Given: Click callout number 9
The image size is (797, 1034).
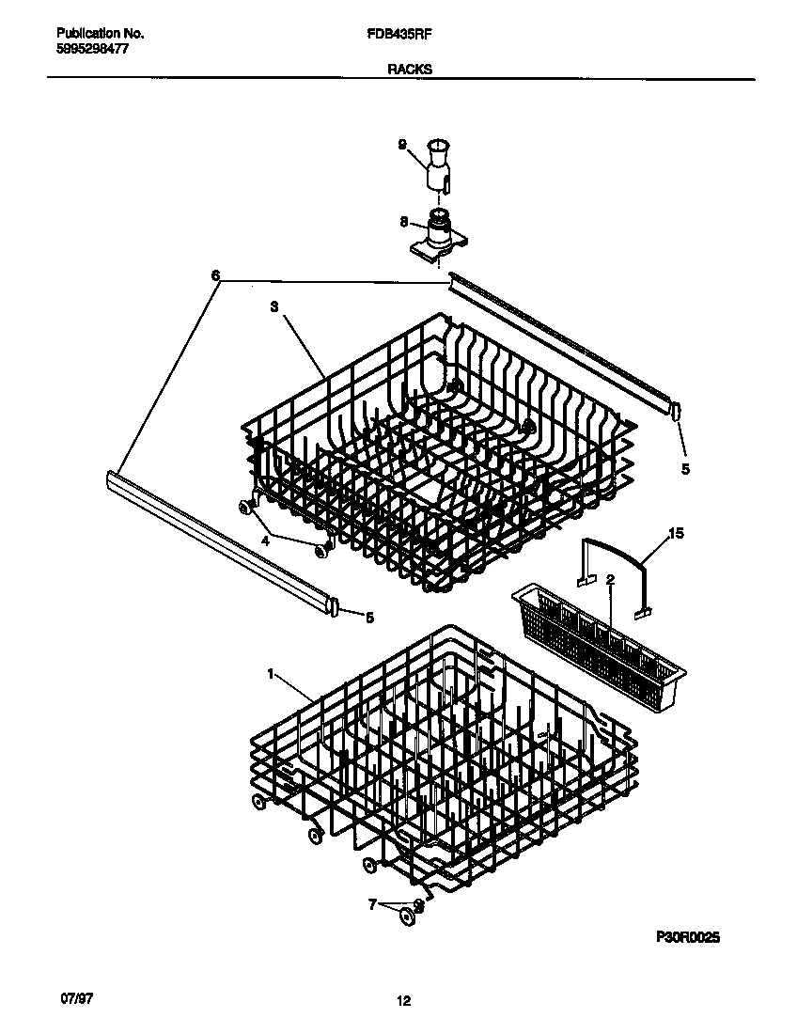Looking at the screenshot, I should (x=402, y=145).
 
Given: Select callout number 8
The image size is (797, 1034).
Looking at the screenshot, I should (x=403, y=222).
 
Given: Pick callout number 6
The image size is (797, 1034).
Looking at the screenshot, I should (x=215, y=275).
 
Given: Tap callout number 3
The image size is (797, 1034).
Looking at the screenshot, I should (x=274, y=306).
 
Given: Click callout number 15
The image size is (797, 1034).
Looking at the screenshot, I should (x=675, y=534).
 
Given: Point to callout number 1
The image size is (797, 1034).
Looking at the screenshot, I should (x=271, y=673).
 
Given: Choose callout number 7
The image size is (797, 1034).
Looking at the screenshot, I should (x=372, y=904).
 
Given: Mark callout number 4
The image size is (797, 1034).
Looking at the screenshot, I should (x=265, y=540).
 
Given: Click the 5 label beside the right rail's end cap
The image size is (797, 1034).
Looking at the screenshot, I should (x=684, y=468).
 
